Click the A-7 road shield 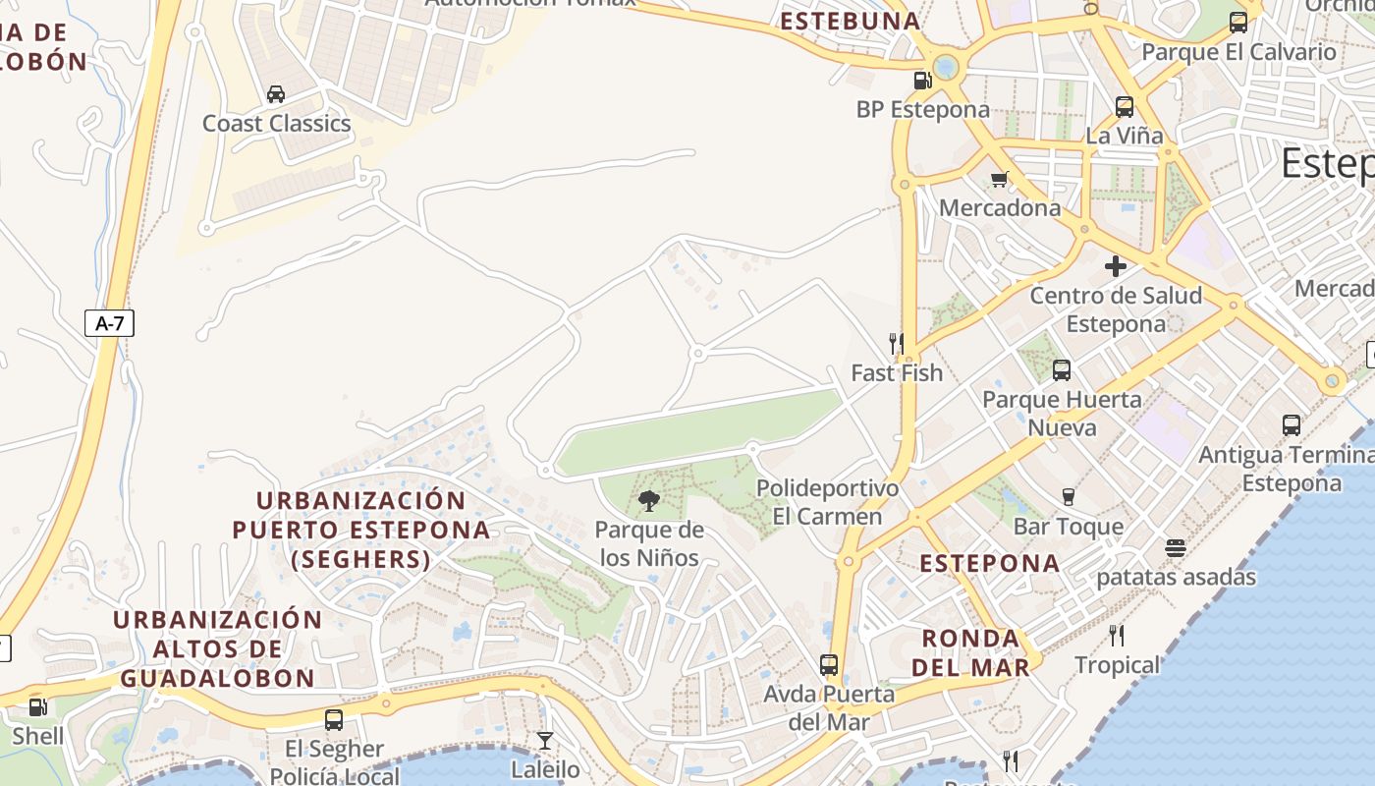[109, 323]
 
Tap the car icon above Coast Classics [276, 94]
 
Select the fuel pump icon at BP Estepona [922, 81]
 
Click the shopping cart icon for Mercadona [1000, 179]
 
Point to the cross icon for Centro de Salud [1115, 266]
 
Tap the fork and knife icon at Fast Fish [896, 343]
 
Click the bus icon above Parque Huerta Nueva [1062, 370]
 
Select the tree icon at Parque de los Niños [648, 501]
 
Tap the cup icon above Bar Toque [1069, 497]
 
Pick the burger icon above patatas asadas [1176, 548]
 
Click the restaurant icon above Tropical [1116, 636]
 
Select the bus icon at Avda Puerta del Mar [829, 665]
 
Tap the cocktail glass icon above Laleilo [545, 740]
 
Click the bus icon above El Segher [334, 720]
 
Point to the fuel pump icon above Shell [37, 706]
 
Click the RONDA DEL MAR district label [970, 652]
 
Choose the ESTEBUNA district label [850, 21]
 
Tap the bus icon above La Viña [1125, 107]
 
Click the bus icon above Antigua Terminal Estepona [1292, 425]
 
